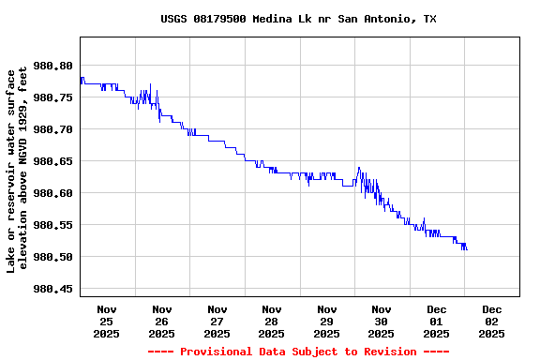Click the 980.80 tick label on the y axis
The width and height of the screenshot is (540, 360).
[x=52, y=66]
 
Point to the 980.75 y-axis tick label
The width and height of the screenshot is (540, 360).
[x=52, y=97]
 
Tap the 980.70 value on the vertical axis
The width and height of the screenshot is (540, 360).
[x=52, y=129]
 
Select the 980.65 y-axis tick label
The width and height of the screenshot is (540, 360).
[x=52, y=161]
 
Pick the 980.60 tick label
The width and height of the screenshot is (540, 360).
[x=52, y=193]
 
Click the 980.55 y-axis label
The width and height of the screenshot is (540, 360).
[x=52, y=225]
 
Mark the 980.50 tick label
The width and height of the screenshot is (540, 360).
[x=52, y=257]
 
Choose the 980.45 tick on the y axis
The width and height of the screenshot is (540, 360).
[x=52, y=289]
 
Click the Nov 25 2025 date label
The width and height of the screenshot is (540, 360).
[x=107, y=321]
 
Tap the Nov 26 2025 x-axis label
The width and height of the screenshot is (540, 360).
[x=161, y=321]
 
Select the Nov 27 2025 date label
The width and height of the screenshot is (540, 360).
[x=217, y=321]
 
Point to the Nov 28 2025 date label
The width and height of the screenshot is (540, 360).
[x=272, y=321]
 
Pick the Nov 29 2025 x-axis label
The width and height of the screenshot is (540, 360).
[x=326, y=321]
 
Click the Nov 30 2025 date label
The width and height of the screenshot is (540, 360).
[x=382, y=321]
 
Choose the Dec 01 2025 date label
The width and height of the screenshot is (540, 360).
[x=437, y=321]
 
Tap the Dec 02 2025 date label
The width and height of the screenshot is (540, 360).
[x=491, y=321]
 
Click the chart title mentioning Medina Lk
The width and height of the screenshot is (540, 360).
[x=298, y=19]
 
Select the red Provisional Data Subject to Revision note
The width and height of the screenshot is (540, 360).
[x=298, y=352]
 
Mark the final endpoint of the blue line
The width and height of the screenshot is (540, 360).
[x=467, y=249]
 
